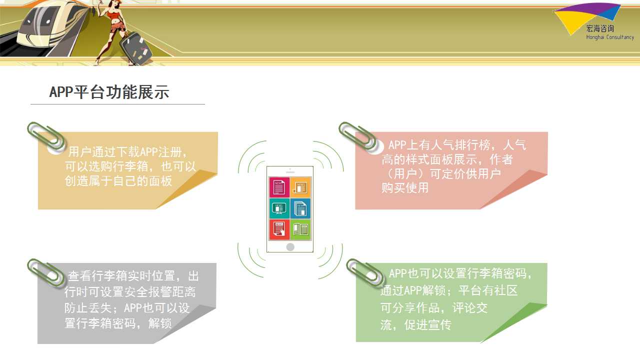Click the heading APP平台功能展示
click(109, 92)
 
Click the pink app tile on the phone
click(279, 187)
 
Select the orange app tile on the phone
click(300, 187)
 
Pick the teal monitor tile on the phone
click(279, 208)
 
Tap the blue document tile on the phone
click(300, 208)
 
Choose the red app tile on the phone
click(279, 229)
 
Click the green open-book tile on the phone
click(300, 229)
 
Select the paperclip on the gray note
click(45, 273)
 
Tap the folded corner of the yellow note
click(187, 189)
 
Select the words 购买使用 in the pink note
click(405, 187)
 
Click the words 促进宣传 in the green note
click(427, 325)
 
